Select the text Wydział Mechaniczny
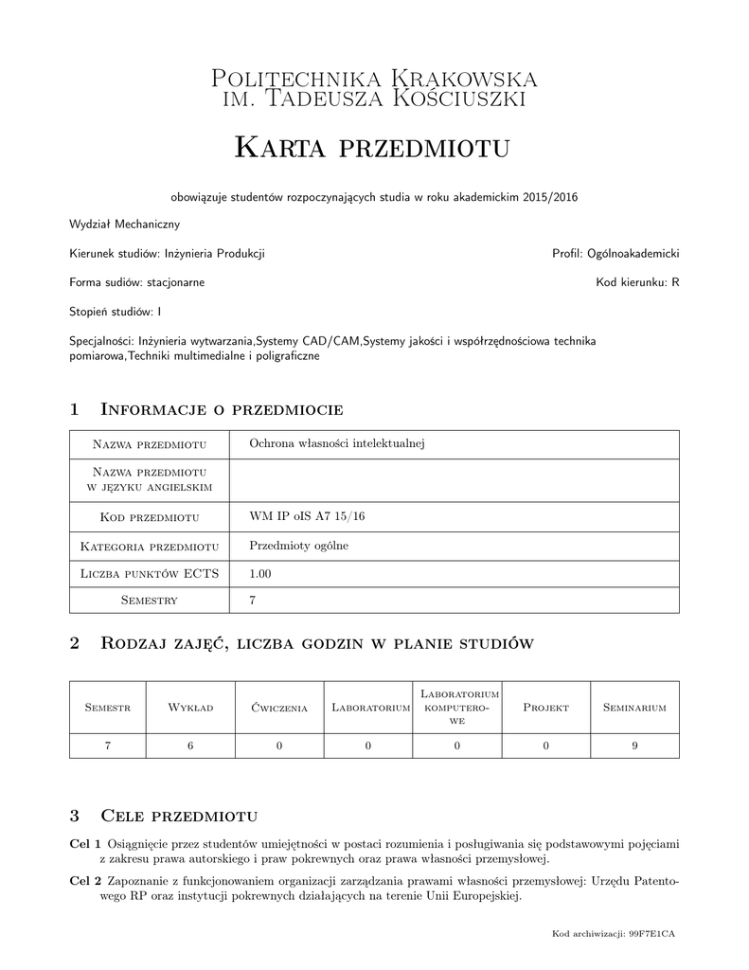click(124, 225)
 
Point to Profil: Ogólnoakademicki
click(615, 254)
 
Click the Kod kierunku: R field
click(637, 282)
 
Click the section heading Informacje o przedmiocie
click(221, 409)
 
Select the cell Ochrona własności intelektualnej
click(335, 443)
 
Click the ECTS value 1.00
click(260, 573)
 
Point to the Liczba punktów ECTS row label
click(150, 573)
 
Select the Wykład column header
click(190, 708)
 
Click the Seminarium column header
click(634, 708)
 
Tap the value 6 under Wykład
click(190, 746)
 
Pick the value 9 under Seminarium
click(634, 746)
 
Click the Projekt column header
click(545, 708)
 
